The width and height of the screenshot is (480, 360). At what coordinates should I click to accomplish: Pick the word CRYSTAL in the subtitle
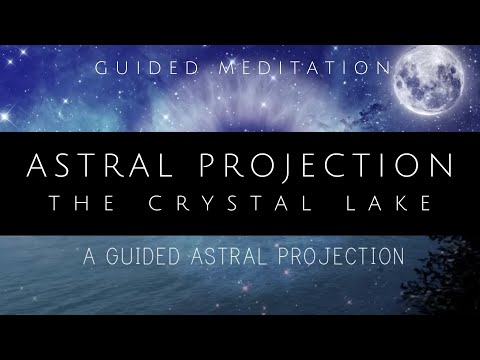coord(236,203)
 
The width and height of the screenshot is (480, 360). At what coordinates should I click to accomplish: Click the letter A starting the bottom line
coord(91,256)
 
